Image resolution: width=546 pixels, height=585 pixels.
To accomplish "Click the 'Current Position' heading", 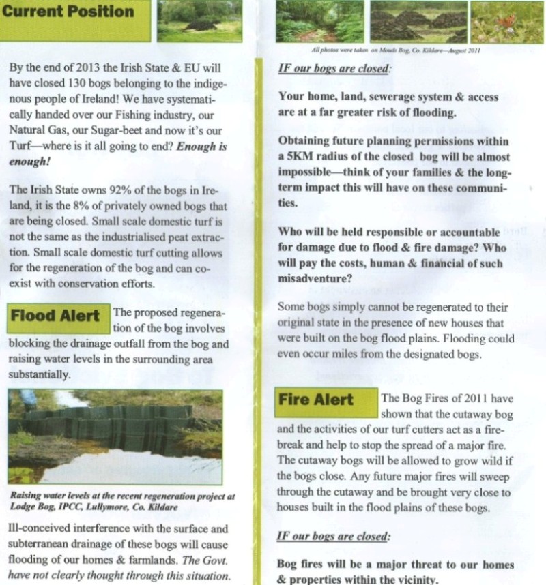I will tap(68, 12).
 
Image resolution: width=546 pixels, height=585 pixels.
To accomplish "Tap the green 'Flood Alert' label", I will tap(55, 317).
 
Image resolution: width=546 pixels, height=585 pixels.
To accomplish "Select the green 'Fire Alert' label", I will tap(316, 400).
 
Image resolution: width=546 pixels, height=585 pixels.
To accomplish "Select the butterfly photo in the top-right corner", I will tap(508, 22).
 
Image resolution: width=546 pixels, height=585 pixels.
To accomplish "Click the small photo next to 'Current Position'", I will tap(199, 20).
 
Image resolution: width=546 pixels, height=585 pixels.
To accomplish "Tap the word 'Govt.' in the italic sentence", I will tap(217, 559).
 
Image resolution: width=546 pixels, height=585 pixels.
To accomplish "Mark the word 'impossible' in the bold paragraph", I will tap(308, 172).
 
